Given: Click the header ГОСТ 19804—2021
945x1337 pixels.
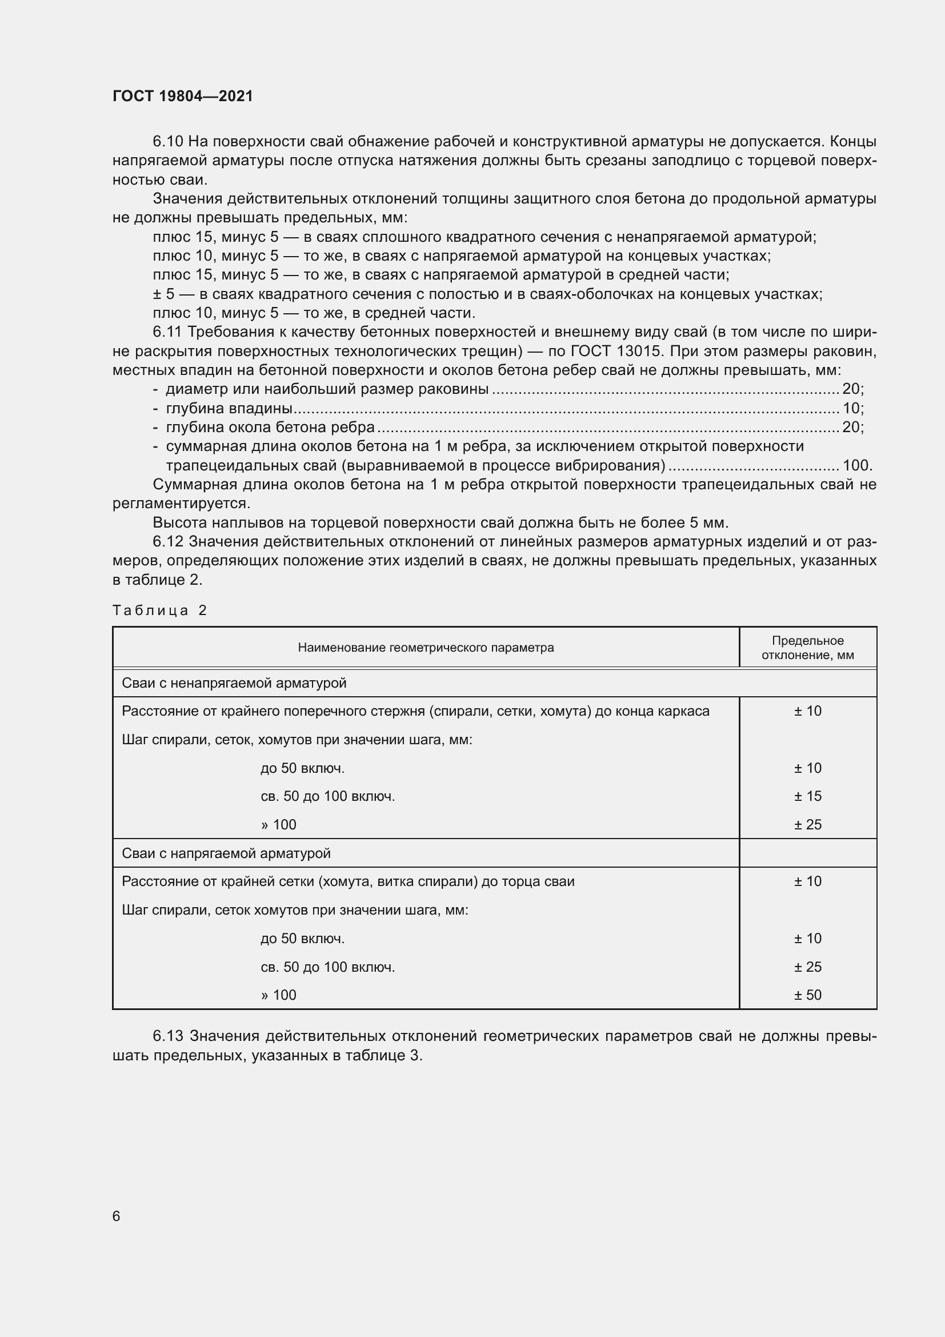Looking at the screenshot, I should coord(183,96).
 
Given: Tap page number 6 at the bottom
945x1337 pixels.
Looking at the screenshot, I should coord(117,1216).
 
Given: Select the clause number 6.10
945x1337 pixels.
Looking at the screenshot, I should coord(168,142).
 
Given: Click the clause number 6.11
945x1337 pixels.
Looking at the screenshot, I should coord(168,332).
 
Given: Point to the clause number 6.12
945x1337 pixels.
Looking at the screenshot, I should coord(168,541).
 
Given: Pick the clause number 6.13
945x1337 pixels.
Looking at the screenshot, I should coord(168,1036).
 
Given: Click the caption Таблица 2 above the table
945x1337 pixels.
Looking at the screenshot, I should coord(160,610).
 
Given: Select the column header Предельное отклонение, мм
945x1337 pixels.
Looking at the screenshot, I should coord(808,648).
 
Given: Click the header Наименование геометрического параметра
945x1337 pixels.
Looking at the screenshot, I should coord(426,648).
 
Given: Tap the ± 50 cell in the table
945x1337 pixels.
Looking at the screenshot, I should coord(808,995).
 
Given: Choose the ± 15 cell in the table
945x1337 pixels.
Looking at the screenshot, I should coord(808,796).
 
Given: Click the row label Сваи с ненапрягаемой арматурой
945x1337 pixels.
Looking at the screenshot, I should coord(234,683).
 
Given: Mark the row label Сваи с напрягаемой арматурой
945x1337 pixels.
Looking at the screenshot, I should coord(226,853).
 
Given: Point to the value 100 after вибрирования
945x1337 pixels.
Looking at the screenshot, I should coord(856,465).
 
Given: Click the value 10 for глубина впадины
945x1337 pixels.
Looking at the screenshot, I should coord(851,408).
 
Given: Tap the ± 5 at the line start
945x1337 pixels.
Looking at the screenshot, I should coord(163,294).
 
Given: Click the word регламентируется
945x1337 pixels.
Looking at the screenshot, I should coord(181,503).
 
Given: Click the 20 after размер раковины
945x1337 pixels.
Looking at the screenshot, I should coord(851,389).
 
